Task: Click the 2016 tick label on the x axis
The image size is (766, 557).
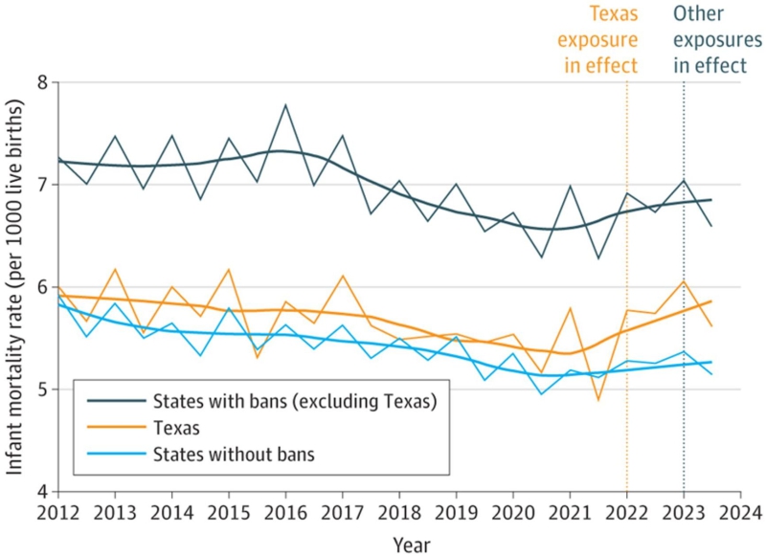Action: [285, 510]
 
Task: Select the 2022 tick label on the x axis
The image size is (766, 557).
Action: [626, 510]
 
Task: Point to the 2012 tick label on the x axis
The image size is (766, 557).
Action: [58, 510]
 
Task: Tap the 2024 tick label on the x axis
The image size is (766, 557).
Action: [739, 510]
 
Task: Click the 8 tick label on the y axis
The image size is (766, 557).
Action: [41, 83]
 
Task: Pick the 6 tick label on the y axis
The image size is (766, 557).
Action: [41, 287]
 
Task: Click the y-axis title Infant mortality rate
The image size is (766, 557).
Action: [16, 287]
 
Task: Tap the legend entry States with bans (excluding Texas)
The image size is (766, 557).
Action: [296, 402]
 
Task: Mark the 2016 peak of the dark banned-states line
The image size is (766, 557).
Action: [285, 104]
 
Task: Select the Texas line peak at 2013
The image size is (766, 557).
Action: [115, 269]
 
